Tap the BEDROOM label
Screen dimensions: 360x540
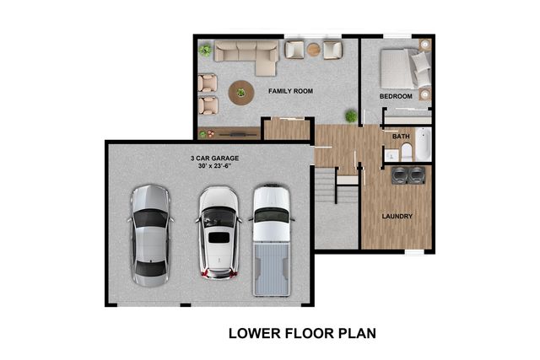(396, 97)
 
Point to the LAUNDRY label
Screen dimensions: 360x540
(397, 217)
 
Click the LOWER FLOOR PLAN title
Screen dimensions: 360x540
(301, 333)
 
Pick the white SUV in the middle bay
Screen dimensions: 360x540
(218, 231)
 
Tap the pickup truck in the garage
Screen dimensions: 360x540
(272, 240)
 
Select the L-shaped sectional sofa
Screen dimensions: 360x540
(245, 54)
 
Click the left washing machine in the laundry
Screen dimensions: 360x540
(400, 175)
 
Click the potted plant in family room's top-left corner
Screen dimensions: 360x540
(204, 51)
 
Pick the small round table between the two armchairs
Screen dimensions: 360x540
(313, 50)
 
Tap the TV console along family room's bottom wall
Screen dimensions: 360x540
(228, 132)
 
